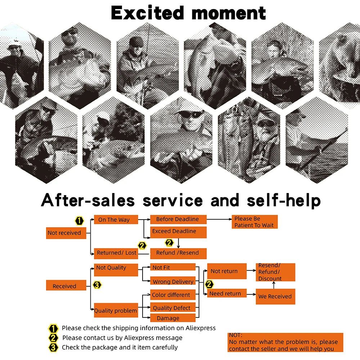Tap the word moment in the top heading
tap(229, 14)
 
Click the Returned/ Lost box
tap(116, 253)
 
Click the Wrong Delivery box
tap(173, 281)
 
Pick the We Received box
tap(275, 296)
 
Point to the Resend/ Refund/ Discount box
tap(275, 272)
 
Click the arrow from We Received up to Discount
tap(274, 285)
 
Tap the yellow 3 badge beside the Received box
tap(97, 285)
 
